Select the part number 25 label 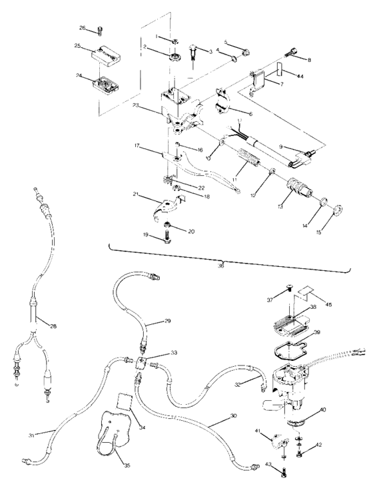(x=77, y=46)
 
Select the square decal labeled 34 (x=122, y=383)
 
